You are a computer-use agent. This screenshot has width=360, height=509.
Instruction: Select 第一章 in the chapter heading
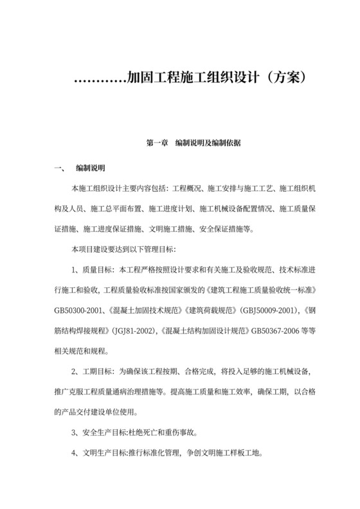point(157,143)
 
